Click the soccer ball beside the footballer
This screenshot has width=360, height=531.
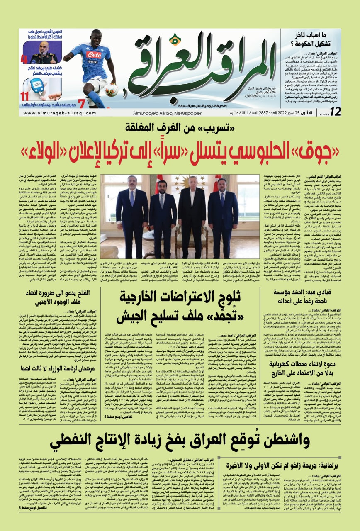click(111, 89)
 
